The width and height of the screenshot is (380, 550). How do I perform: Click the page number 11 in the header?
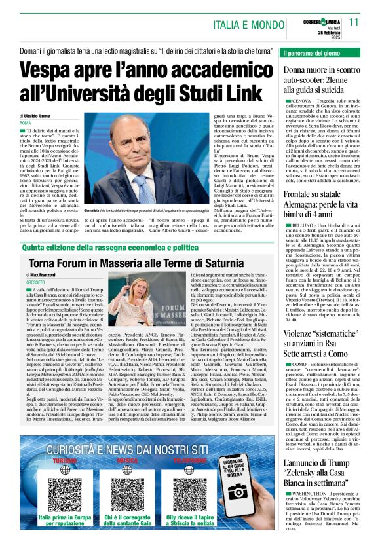pos(353,22)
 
